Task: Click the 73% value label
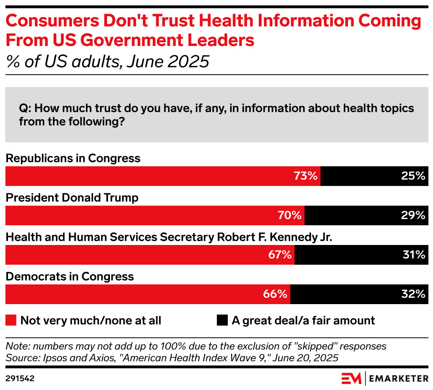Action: tap(306, 176)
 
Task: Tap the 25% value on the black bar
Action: tap(413, 176)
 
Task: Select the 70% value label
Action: tap(290, 216)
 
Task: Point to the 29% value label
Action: tap(413, 216)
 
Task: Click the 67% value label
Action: tap(280, 255)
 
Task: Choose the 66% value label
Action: tap(275, 295)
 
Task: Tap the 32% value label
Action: tap(413, 295)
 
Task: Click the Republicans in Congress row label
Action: tap(73, 158)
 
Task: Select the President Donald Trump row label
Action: tap(72, 198)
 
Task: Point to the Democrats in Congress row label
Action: tap(70, 276)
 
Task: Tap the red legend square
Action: tap(11, 321)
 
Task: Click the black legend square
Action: tap(222, 321)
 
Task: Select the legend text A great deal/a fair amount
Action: tap(303, 321)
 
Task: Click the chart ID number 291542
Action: tap(20, 377)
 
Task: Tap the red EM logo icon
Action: tap(351, 378)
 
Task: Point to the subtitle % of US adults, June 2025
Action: tap(107, 61)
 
